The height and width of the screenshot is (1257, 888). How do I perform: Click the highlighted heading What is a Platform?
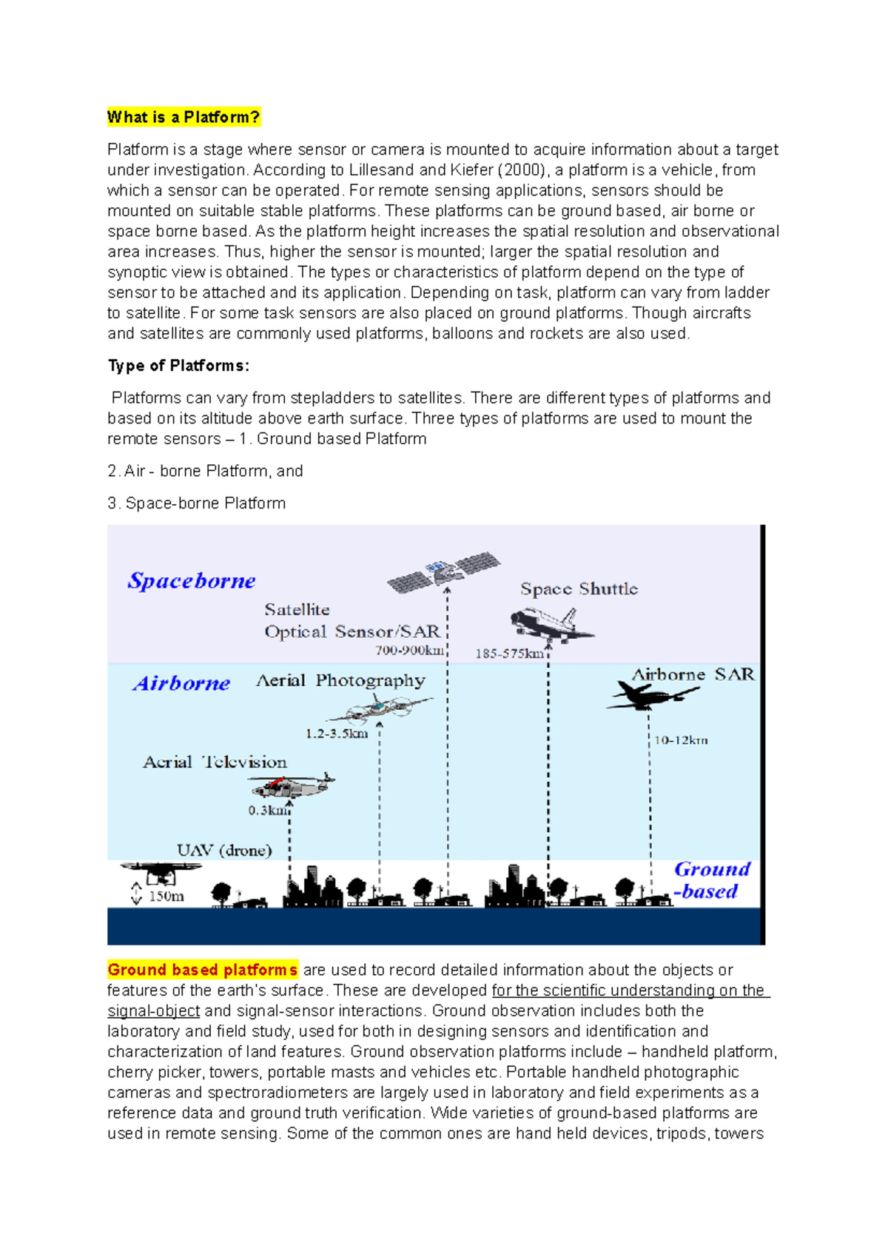184,117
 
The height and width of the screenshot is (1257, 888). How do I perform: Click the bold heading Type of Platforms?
178,366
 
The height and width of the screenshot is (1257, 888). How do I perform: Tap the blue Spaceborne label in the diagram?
192,580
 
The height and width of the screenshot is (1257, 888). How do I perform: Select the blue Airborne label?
181,683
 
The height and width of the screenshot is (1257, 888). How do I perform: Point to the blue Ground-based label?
710,879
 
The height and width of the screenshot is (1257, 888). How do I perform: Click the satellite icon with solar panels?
444,571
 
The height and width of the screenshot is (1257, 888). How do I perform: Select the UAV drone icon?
160,872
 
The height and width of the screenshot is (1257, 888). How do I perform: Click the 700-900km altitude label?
410,651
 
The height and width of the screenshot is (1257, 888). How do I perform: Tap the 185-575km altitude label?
509,654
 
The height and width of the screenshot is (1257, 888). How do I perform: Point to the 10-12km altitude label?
681,740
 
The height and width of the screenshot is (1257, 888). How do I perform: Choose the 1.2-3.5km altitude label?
337,734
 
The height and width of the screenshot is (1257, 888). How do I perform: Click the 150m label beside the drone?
166,896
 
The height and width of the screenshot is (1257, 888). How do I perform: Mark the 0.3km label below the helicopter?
268,811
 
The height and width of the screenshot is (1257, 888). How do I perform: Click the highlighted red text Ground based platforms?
203,970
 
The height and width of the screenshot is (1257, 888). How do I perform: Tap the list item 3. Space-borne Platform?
196,503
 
